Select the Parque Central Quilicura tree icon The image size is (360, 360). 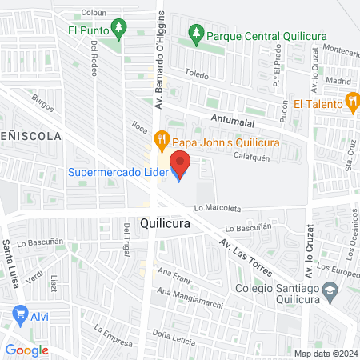pyautogui.click(x=194, y=35)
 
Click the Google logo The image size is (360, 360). pyautogui.click(x=26, y=350)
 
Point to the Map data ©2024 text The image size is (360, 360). pyautogui.click(x=325, y=354)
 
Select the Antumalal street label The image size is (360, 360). pyautogui.click(x=234, y=118)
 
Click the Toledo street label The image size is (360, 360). pyautogui.click(x=196, y=75)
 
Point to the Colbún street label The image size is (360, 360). pyautogui.click(x=94, y=12)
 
